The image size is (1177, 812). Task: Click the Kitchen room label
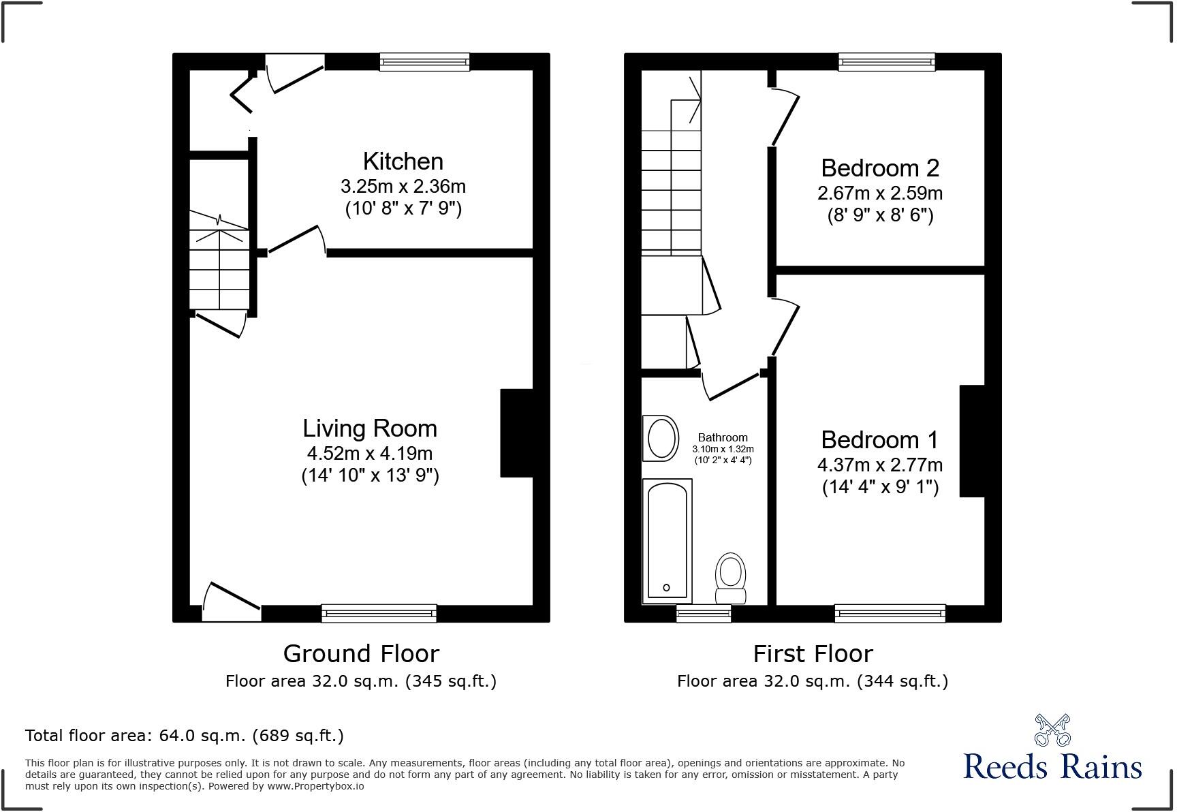coord(403,161)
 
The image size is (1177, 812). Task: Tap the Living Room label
coord(370,428)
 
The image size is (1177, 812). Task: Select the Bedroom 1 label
coord(880,440)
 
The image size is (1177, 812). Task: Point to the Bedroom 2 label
coord(880,168)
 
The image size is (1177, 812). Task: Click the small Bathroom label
coord(723,437)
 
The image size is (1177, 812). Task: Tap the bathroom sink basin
coord(661,438)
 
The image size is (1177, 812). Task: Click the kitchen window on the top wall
coord(424,62)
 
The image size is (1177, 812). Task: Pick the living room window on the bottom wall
coord(379,613)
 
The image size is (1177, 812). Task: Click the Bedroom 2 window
coord(887,62)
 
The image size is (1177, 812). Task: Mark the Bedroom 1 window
coord(890,613)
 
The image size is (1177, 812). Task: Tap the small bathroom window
coord(704,613)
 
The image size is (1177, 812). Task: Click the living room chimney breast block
coord(516,433)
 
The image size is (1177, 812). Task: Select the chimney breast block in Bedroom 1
coord(973,441)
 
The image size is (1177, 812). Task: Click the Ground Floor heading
coord(361,654)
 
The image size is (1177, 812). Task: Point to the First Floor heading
coord(813,654)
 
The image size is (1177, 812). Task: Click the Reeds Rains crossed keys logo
coord(1052,730)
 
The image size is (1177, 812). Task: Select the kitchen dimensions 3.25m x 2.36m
coord(403,186)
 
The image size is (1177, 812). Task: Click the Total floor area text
coord(185,736)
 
